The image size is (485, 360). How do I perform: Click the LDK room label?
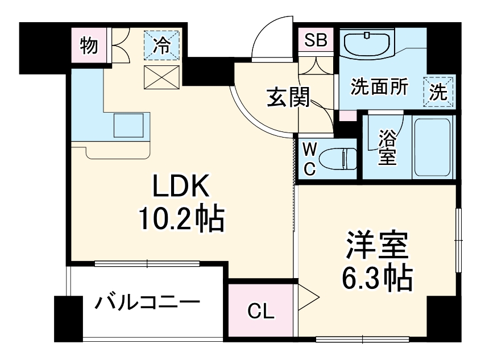[180, 186]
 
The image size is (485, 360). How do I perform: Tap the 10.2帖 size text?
[180, 218]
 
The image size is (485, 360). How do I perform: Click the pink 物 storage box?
[88, 45]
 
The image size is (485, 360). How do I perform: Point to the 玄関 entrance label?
[288, 99]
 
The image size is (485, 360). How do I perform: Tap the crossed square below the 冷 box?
[162, 77]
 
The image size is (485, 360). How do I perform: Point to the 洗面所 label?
[379, 88]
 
